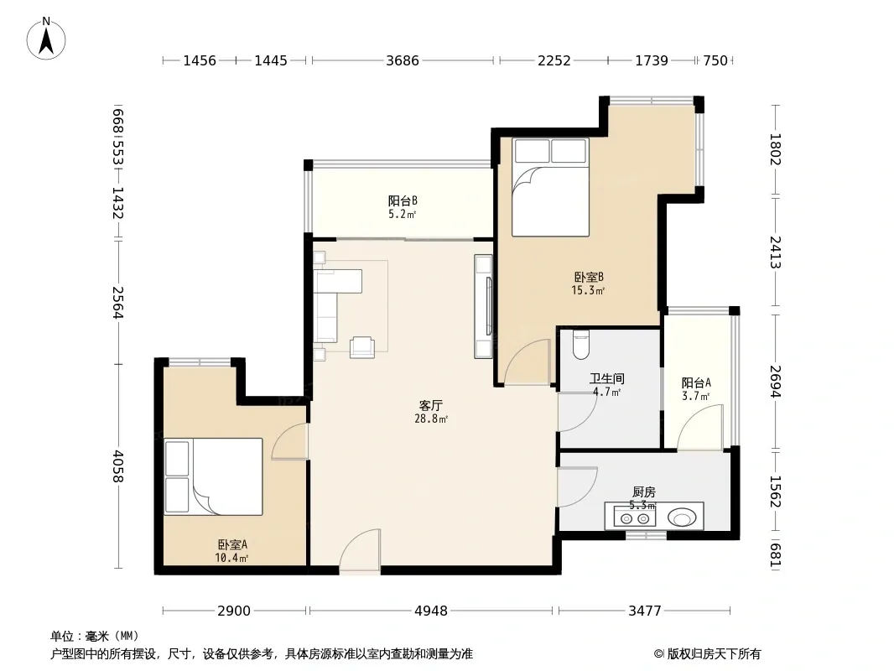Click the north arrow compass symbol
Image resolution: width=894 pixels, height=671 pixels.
coord(46,39)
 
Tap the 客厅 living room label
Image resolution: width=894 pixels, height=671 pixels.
coord(430,405)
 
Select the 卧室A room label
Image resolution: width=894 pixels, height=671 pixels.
coord(232,544)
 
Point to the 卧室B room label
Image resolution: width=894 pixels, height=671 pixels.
coord(589,277)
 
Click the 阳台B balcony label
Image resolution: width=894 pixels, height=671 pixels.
coord(403,200)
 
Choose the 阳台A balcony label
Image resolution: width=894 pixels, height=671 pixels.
coord(696,383)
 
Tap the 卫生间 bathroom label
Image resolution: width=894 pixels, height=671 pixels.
coord(606,378)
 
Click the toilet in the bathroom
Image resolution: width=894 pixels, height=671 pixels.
coord(581,345)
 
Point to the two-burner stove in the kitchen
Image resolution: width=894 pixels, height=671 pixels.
coord(635,518)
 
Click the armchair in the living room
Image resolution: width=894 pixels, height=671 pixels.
coord(362,346)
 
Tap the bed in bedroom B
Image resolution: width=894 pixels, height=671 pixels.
coord(550,187)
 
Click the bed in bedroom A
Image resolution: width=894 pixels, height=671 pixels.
coord(213,476)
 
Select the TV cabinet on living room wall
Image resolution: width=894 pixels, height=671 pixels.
coord(483,306)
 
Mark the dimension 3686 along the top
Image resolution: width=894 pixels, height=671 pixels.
coord(403,60)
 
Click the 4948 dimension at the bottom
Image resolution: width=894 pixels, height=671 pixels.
coord(431,611)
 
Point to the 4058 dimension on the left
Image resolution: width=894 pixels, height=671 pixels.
coord(117,466)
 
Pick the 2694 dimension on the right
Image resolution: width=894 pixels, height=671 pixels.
coord(775,381)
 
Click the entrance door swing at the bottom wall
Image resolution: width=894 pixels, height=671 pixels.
coord(360,549)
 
